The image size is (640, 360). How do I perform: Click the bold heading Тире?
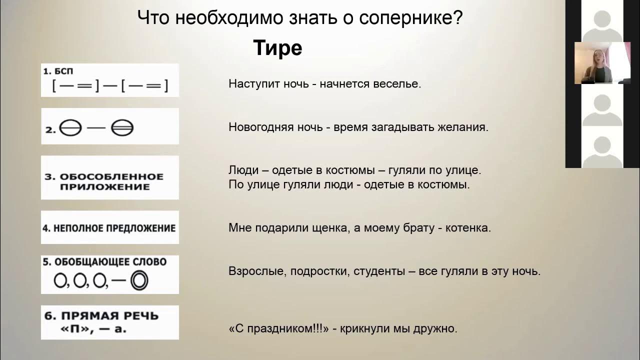pos(277,48)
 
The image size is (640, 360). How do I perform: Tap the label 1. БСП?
pos(61,71)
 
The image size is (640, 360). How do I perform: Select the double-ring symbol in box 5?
pos(139,281)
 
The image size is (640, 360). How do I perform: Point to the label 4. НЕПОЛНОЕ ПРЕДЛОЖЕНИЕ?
pos(109,228)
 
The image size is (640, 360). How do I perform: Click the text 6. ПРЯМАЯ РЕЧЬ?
pos(101,316)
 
